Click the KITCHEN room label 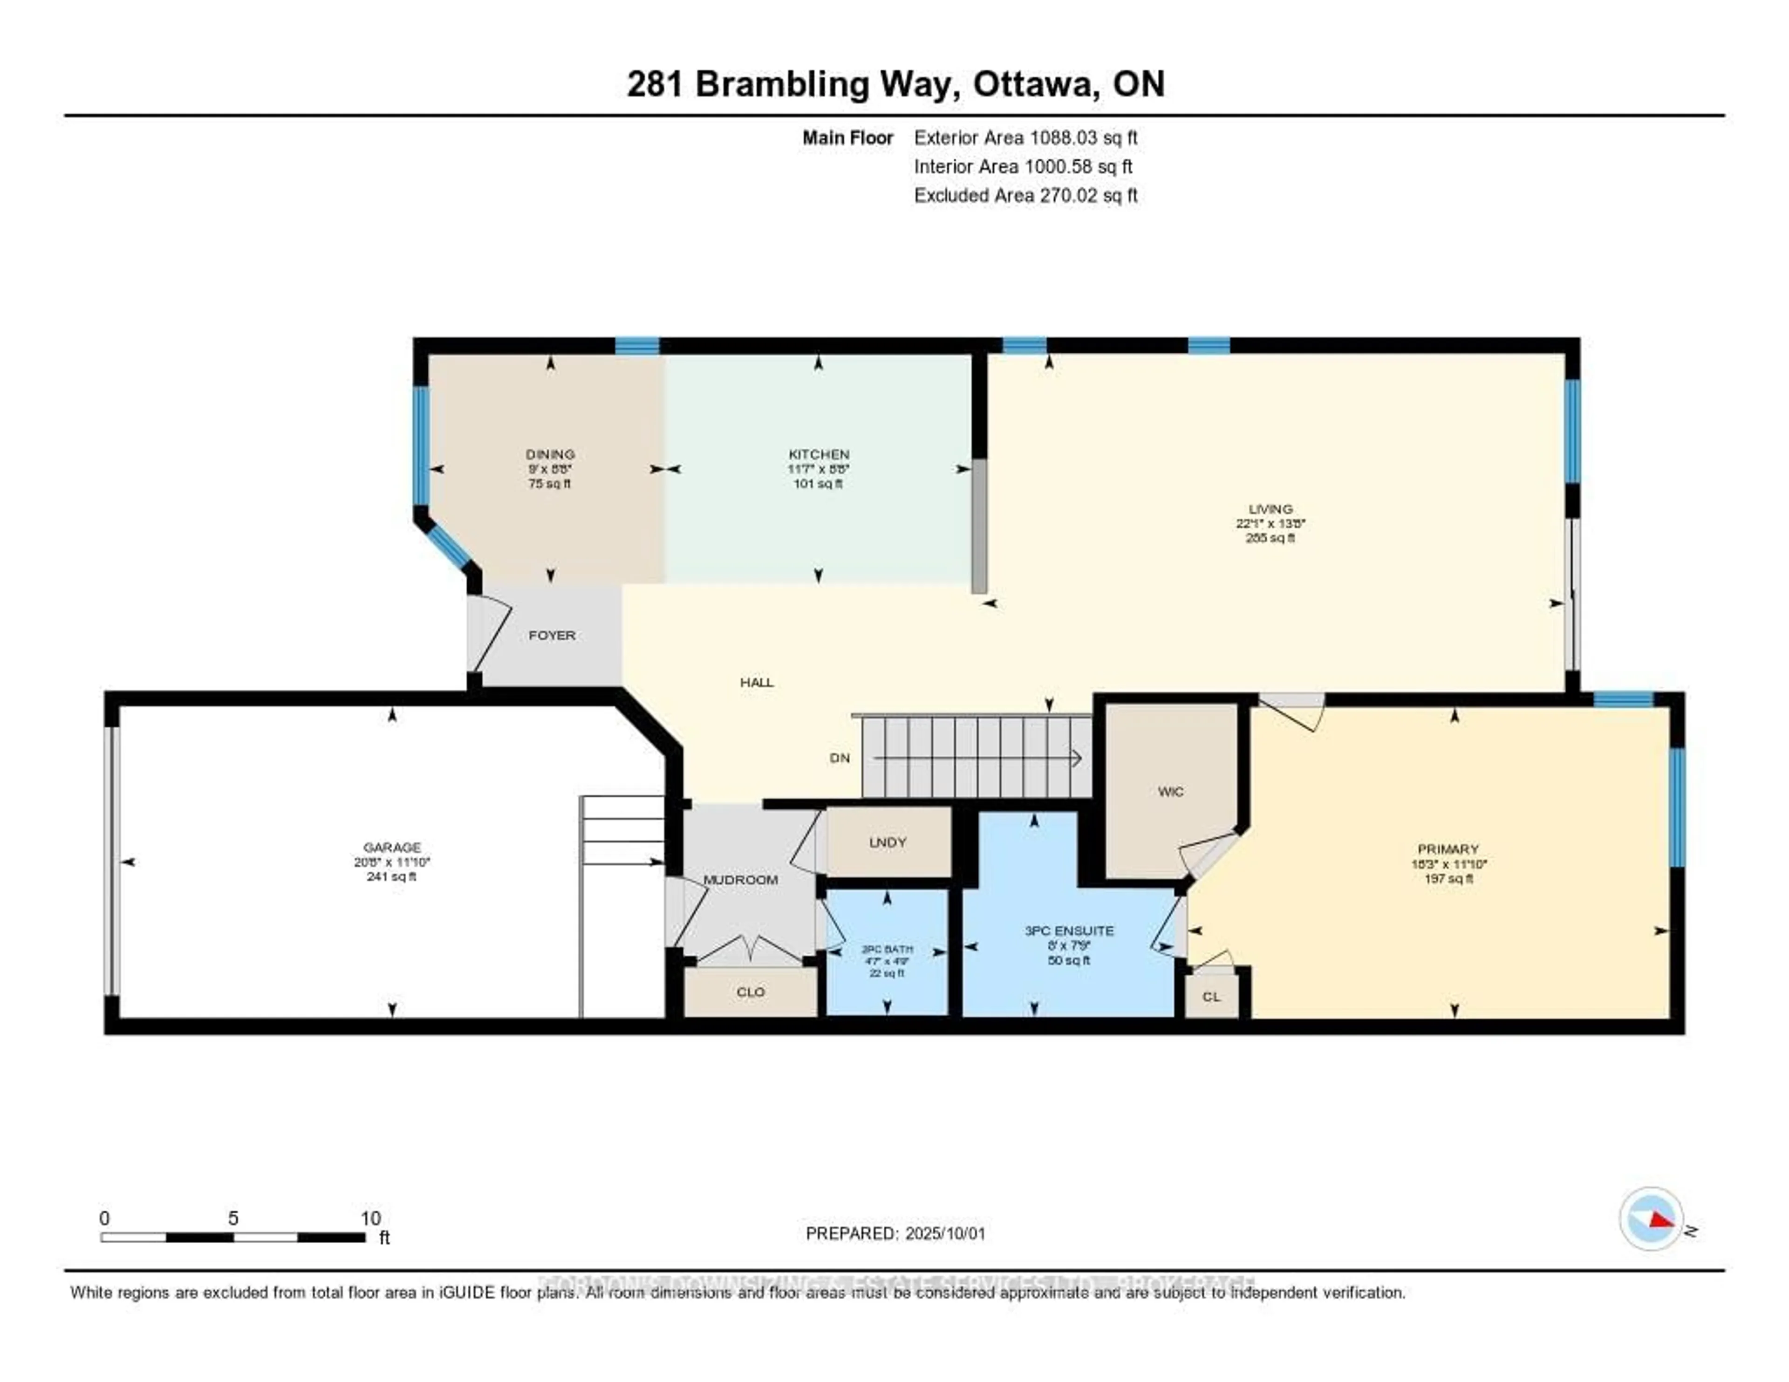tap(818, 454)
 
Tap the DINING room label tap(550, 454)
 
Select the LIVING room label tap(1270, 509)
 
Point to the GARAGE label tap(391, 847)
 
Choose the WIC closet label tap(1171, 791)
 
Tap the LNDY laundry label tap(887, 842)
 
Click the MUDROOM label tap(740, 880)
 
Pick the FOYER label tap(551, 635)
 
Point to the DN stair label tap(840, 758)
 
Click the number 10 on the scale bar tap(370, 1218)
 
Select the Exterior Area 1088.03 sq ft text tap(1025, 137)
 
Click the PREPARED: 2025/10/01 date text tap(895, 1234)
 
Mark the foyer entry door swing tap(490, 635)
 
